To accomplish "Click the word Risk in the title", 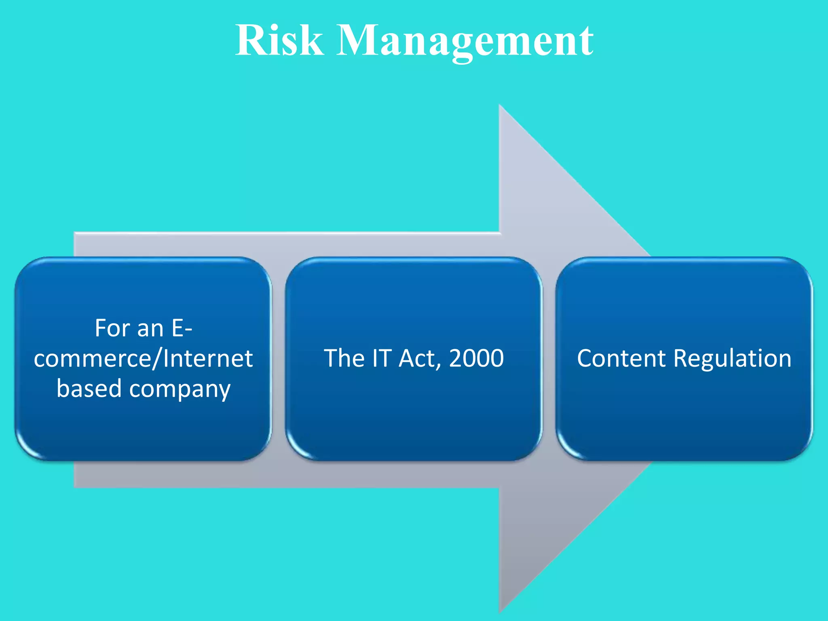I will coord(279,40).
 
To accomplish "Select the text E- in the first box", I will coord(182,328).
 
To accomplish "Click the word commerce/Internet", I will coord(143,359).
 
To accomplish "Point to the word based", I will coord(89,389).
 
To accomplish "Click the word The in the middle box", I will coord(344,358).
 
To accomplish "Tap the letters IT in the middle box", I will coord(382,358).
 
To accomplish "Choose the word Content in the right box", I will coord(621,359).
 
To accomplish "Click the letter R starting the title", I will coord(251,40).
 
